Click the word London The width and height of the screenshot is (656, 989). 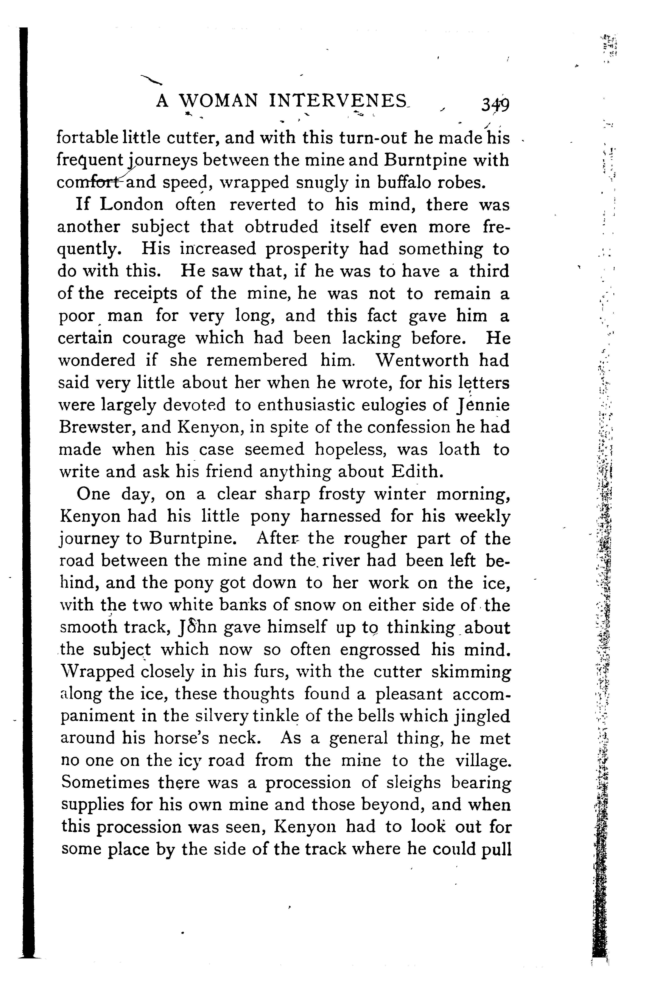132,205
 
